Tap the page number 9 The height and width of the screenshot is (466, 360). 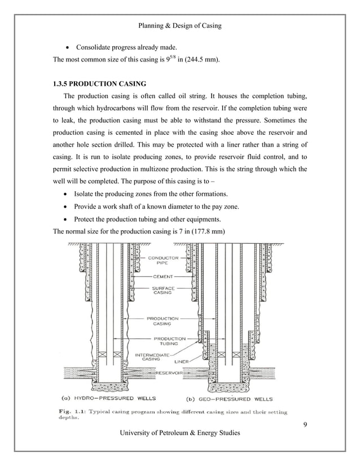pyautogui.click(x=305, y=424)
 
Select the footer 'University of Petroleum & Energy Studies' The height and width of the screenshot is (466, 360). pyautogui.click(x=179, y=433)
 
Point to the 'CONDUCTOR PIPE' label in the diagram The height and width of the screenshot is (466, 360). pyautogui.click(x=163, y=261)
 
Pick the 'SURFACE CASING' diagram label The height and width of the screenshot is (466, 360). pyautogui.click(x=163, y=291)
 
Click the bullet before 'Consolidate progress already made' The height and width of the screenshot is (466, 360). pyautogui.click(x=68, y=47)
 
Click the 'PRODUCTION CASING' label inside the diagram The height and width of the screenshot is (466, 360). pyautogui.click(x=163, y=321)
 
